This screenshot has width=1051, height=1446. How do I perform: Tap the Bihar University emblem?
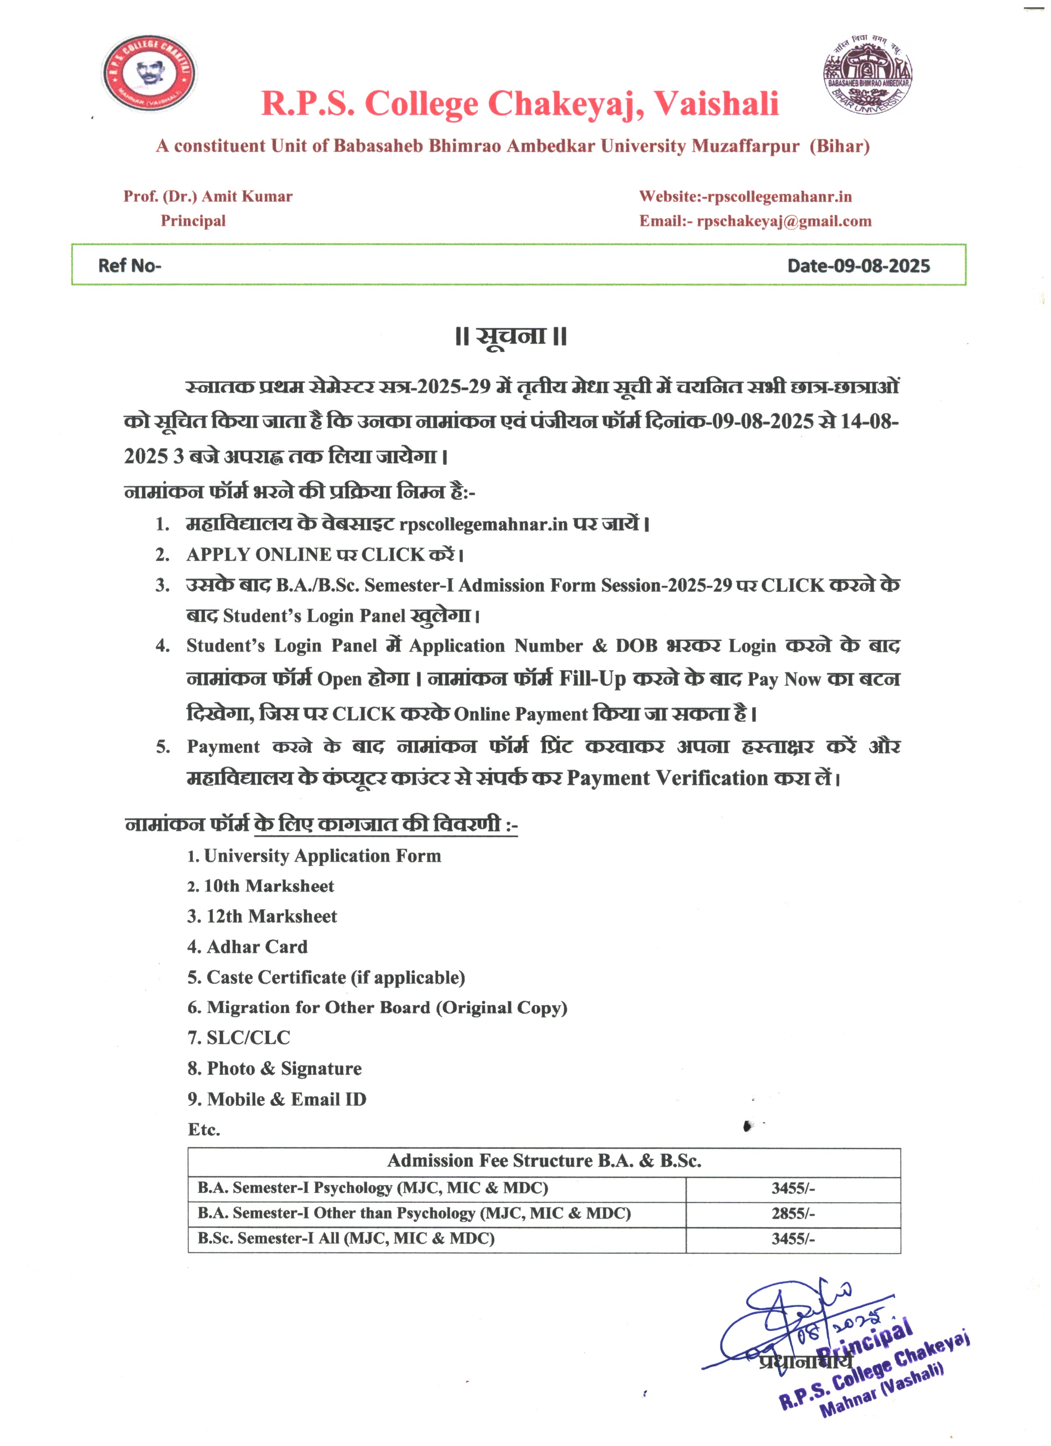[868, 74]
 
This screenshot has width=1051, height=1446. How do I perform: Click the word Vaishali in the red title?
[716, 104]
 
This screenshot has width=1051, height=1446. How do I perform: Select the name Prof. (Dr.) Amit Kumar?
[208, 196]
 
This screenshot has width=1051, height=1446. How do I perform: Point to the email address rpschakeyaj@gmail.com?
[784, 221]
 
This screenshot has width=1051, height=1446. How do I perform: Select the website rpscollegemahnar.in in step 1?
[483, 525]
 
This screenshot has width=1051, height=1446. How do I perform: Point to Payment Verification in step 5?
[667, 779]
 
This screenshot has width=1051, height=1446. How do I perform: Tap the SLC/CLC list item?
[248, 1038]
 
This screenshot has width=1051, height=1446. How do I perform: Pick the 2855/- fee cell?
[793, 1213]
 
